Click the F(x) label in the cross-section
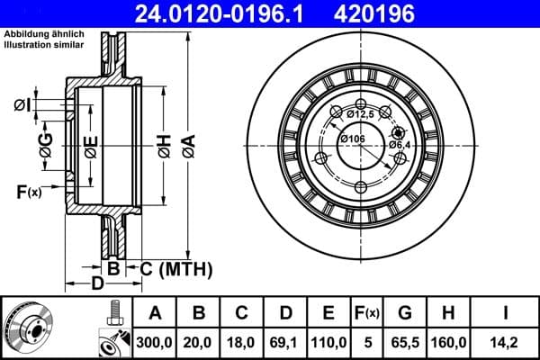click(x=29, y=191)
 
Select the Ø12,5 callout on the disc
click(x=359, y=113)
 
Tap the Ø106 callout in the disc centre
click(x=352, y=138)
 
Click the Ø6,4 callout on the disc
click(x=400, y=144)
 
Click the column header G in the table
click(x=404, y=312)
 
